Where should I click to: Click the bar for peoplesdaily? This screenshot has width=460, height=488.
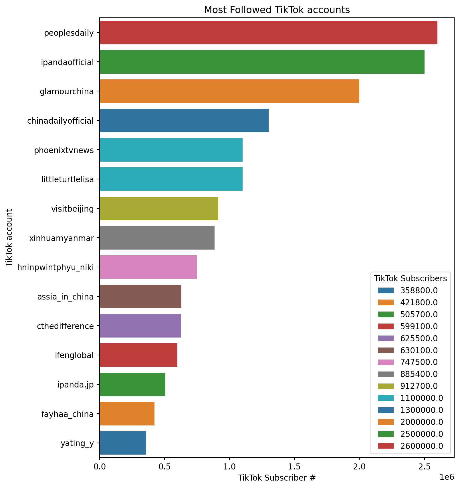tap(268, 33)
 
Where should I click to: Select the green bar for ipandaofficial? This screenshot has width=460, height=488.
tap(262, 62)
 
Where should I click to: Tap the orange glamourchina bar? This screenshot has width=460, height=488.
tap(229, 91)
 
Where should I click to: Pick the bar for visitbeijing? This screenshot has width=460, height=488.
tap(159, 208)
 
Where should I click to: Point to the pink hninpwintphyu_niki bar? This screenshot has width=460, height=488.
tap(148, 267)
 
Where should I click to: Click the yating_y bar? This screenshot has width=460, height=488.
tap(123, 443)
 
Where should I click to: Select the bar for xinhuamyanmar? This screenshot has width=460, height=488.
tap(157, 238)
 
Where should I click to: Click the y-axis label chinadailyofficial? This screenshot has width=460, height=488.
tap(60, 121)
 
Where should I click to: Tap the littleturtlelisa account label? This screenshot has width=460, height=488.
tap(68, 179)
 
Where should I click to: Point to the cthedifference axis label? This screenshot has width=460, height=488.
tap(65, 326)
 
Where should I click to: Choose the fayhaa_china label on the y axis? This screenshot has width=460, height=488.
tap(68, 414)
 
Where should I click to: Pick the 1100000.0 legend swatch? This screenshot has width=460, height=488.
tap(386, 398)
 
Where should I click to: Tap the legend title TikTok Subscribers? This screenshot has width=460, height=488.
tap(411, 278)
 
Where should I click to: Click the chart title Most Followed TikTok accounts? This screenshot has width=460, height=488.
tap(277, 10)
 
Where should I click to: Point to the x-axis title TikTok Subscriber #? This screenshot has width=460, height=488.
tap(277, 478)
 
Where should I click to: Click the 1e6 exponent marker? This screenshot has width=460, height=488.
tap(447, 477)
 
